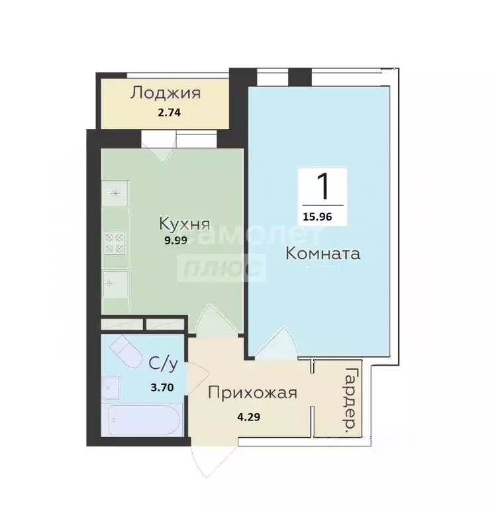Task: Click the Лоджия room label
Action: (165, 92)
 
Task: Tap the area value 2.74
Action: (169, 112)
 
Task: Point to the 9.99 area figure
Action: (176, 240)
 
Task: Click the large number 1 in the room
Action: (323, 186)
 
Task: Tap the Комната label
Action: (323, 253)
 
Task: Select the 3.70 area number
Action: (162, 388)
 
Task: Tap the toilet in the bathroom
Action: (126, 352)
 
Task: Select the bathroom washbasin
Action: (111, 387)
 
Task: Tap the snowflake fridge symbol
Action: (115, 193)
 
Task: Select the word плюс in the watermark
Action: (222, 268)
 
